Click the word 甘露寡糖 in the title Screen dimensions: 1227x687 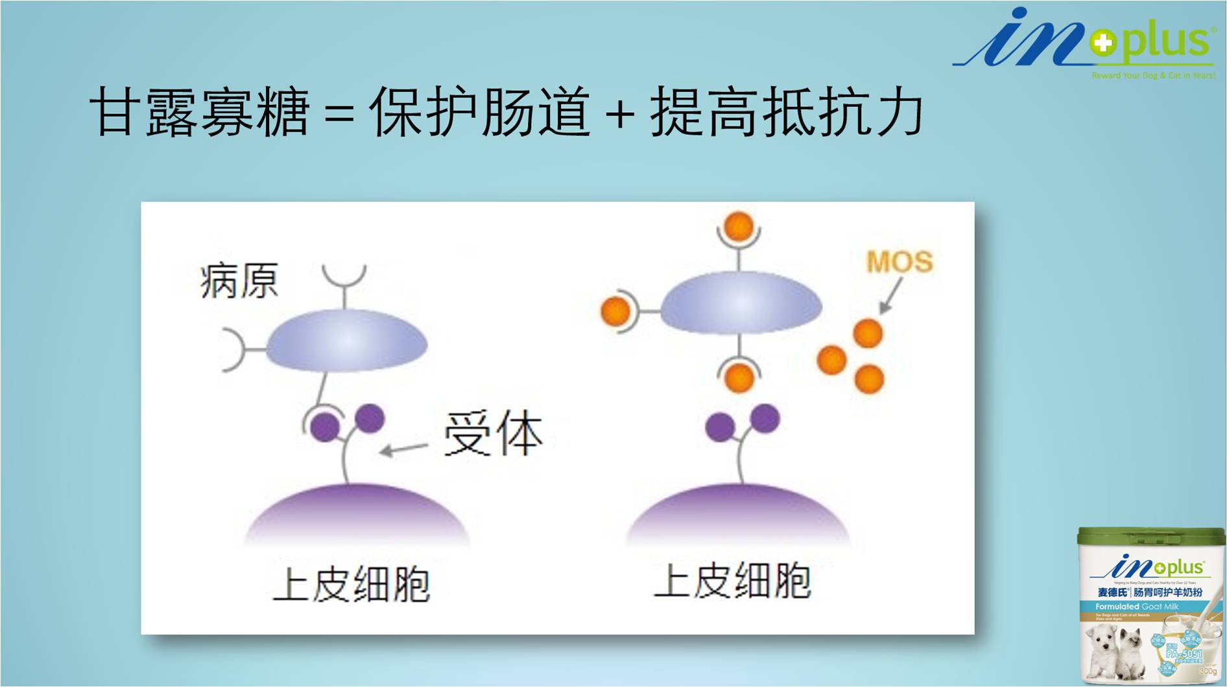pyautogui.click(x=200, y=112)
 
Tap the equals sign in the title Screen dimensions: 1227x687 pyautogui.click(x=339, y=114)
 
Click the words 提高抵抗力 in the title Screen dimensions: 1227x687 pyautogui.click(x=787, y=112)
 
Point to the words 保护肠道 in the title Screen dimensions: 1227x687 pyautogui.click(x=480, y=112)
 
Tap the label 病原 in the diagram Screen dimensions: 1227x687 pyautogui.click(x=239, y=281)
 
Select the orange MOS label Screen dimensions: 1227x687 pyautogui.click(x=899, y=262)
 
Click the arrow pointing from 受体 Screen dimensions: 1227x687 pyautogui.click(x=403, y=448)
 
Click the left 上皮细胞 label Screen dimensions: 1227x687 pyautogui.click(x=351, y=584)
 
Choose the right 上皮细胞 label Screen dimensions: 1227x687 pyautogui.click(x=732, y=581)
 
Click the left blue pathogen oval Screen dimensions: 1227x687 pyautogui.click(x=346, y=341)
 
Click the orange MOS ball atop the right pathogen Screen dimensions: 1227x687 pyautogui.click(x=739, y=226)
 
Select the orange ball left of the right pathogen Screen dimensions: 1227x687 pyautogui.click(x=615, y=311)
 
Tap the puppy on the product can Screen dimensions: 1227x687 pyautogui.click(x=1104, y=651)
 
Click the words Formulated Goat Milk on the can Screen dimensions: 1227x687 pyautogui.click(x=1137, y=607)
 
